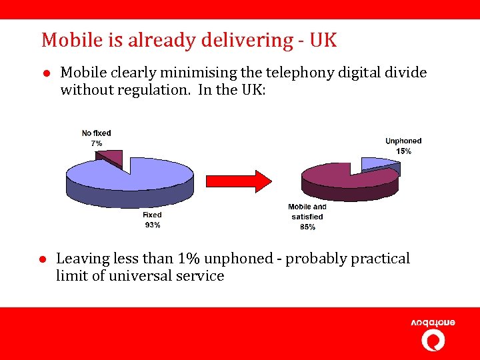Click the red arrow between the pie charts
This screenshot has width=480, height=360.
pos(239,180)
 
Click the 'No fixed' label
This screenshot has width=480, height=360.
pos(96,133)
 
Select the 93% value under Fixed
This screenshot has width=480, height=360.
pos(152,225)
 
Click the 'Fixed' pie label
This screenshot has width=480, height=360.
pos(152,215)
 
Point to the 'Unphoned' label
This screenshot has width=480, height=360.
pos(403,141)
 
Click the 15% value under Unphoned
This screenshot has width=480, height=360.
pos(403,151)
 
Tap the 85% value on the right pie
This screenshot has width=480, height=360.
pos(307,227)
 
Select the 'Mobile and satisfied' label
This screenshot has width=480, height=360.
pos(307,212)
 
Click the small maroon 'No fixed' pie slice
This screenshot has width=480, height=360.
pos(114,158)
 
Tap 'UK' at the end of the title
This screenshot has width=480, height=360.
pos(323,40)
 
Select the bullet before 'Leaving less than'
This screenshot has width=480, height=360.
pos(41,259)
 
